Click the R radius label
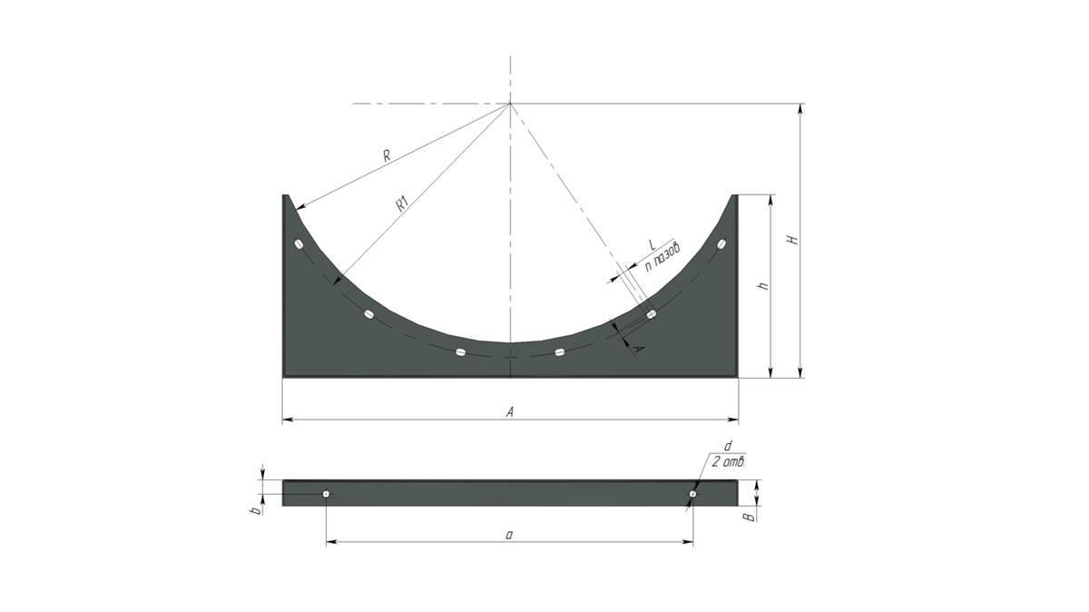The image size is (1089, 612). pos(387,155)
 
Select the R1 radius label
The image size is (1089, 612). pos(403,204)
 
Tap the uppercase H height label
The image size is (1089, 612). pos(793,240)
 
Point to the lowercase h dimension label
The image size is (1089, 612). pos(764,286)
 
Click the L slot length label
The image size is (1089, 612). pos(652,244)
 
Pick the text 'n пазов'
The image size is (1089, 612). pos(662,257)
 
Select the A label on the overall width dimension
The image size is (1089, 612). pos(510,412)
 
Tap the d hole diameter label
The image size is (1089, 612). pos(728,446)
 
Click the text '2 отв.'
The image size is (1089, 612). pos(728,462)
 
